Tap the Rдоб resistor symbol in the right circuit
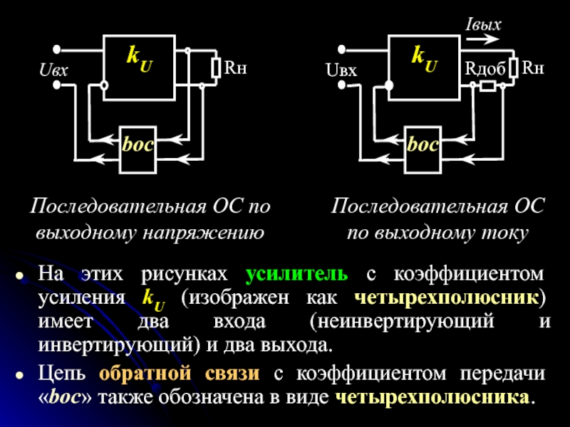point(487,87)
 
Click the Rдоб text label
point(484,69)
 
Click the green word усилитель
point(297,274)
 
